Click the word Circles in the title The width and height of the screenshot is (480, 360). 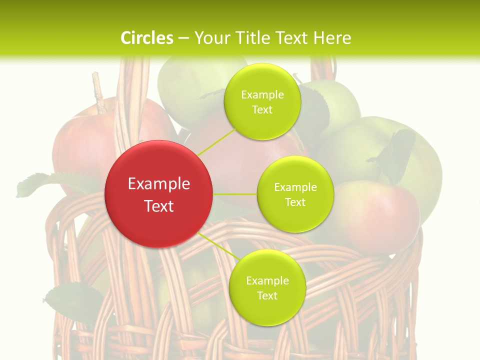point(146,38)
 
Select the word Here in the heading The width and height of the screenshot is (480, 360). point(332,38)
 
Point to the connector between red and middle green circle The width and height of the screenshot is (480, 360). point(235,194)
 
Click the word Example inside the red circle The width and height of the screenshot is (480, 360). point(159,184)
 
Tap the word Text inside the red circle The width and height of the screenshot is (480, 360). point(159,206)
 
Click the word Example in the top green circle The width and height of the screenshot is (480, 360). point(262,95)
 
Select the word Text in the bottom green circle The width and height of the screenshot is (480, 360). point(267,295)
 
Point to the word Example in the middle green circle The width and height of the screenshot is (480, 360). point(295,187)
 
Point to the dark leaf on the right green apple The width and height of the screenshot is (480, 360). point(395,155)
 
